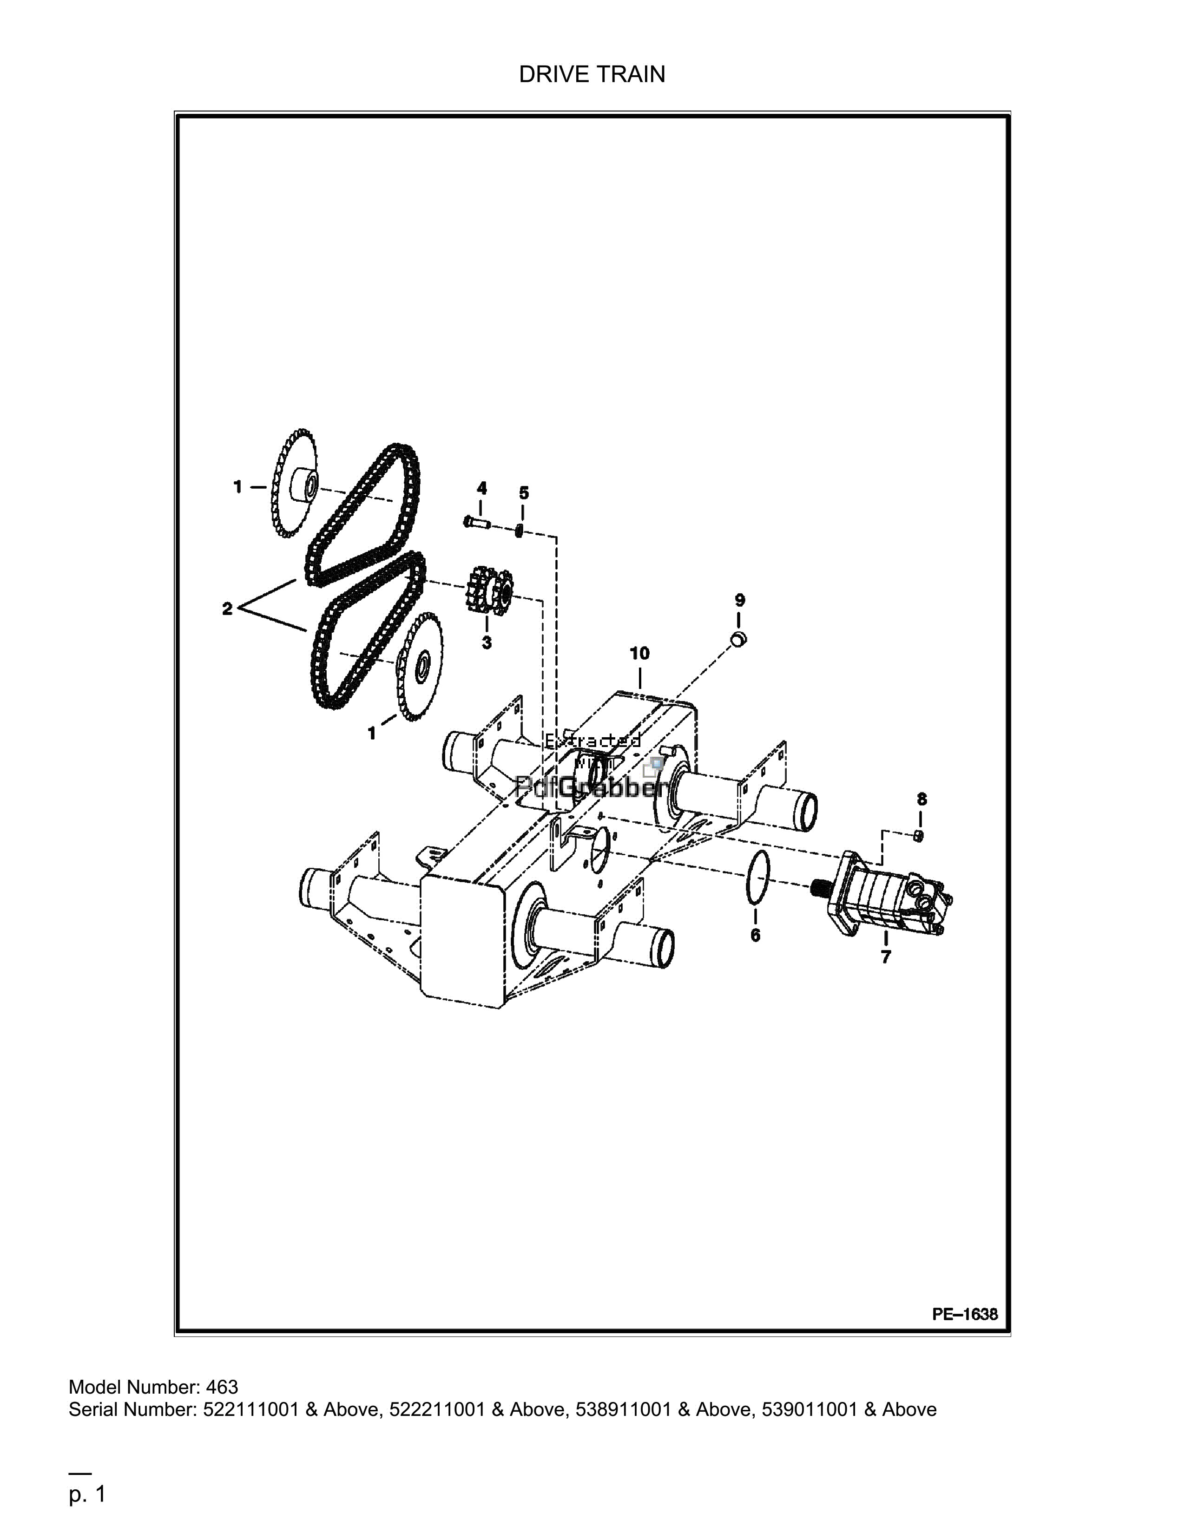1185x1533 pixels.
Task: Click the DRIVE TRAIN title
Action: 592,74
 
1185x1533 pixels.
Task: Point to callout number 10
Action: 639,654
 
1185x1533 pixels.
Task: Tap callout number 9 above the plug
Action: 740,600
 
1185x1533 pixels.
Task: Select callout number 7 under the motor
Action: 886,956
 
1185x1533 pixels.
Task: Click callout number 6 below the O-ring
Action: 755,935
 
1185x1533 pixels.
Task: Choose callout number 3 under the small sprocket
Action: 487,642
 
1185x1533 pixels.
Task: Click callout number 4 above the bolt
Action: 481,488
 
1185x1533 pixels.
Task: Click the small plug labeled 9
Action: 738,639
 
